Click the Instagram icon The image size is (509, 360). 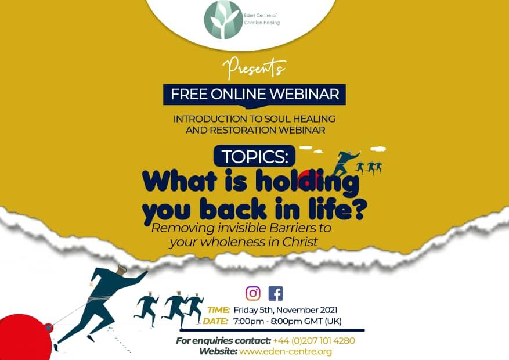click(253, 293)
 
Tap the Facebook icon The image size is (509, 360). click(276, 293)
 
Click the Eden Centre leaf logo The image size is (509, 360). click(223, 20)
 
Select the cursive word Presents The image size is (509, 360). click(254, 68)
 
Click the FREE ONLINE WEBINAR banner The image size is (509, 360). click(254, 95)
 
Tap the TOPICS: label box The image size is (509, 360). click(254, 156)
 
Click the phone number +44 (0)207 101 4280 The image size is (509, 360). click(314, 340)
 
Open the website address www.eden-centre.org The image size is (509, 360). click(286, 351)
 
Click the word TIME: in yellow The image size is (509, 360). click(218, 310)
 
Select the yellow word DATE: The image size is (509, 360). click(215, 321)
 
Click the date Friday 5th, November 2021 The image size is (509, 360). click(286, 310)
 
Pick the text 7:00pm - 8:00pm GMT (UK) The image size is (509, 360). click(287, 321)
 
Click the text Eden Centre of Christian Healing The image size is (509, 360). click(262, 19)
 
